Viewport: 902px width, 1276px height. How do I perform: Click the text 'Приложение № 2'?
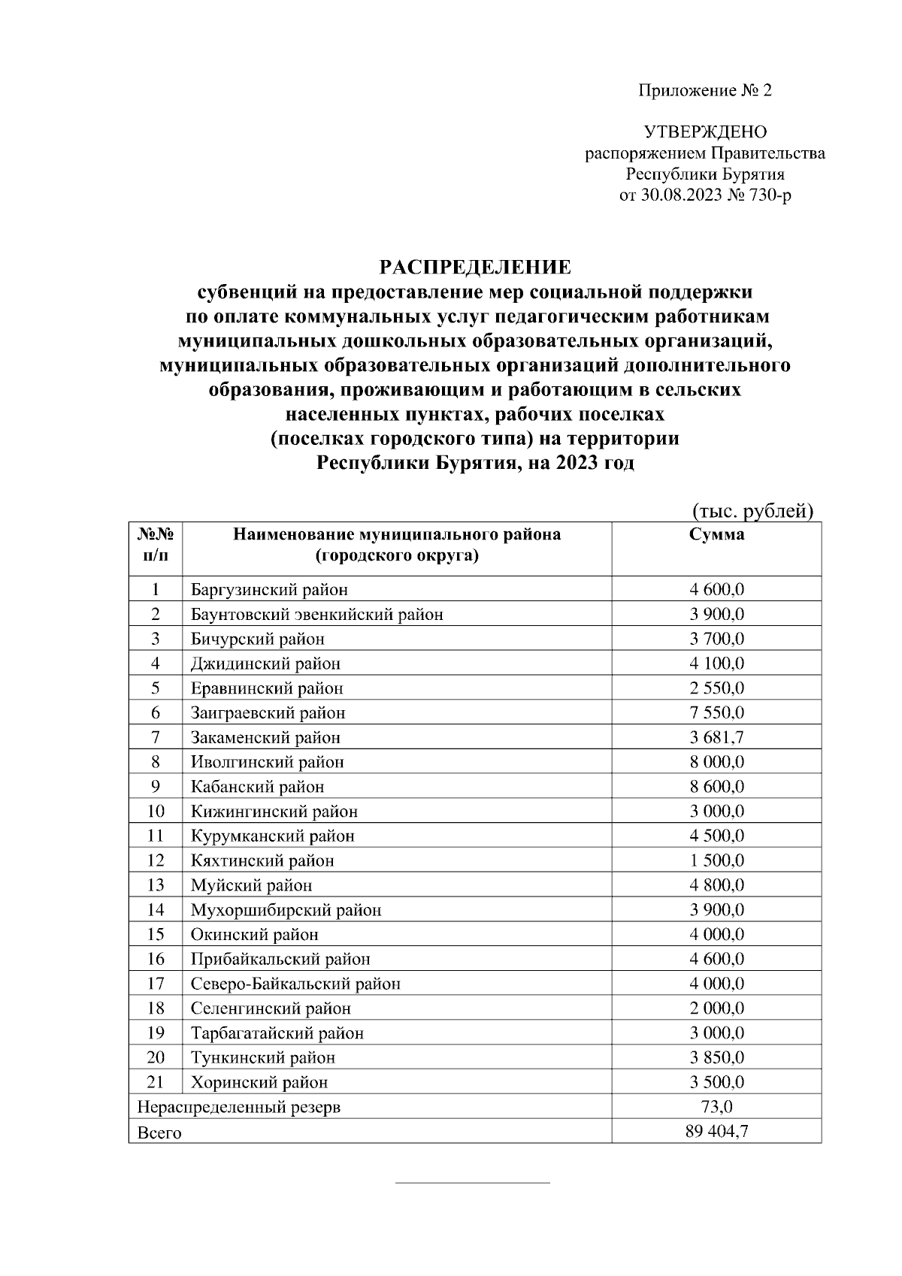click(705, 91)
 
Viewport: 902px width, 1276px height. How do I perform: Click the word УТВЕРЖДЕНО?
click(705, 133)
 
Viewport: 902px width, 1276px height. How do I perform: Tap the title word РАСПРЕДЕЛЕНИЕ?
click(474, 267)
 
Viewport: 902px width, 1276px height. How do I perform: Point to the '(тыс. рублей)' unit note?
click(752, 511)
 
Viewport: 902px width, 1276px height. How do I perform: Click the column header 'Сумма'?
click(716, 534)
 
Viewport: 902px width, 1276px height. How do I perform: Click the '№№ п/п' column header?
click(156, 546)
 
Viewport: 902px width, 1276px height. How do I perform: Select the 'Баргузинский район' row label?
click(269, 590)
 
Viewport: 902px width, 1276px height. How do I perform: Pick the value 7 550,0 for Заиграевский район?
click(716, 712)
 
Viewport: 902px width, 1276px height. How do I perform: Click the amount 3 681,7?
click(716, 737)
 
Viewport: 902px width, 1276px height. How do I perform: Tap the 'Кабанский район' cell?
click(257, 787)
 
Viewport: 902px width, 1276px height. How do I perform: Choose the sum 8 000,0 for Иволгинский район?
click(716, 762)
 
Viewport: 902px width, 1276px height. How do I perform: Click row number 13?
click(156, 885)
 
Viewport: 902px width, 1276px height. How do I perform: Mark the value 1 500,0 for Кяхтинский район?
click(716, 860)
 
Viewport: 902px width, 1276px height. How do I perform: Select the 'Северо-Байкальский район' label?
click(295, 984)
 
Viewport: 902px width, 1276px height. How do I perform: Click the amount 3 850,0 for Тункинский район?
click(716, 1057)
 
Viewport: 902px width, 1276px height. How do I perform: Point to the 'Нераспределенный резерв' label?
click(238, 1107)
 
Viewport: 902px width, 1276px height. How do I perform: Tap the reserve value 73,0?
click(716, 1107)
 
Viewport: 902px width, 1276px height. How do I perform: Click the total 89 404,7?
click(716, 1131)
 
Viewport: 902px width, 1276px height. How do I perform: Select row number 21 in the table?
click(156, 1082)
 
